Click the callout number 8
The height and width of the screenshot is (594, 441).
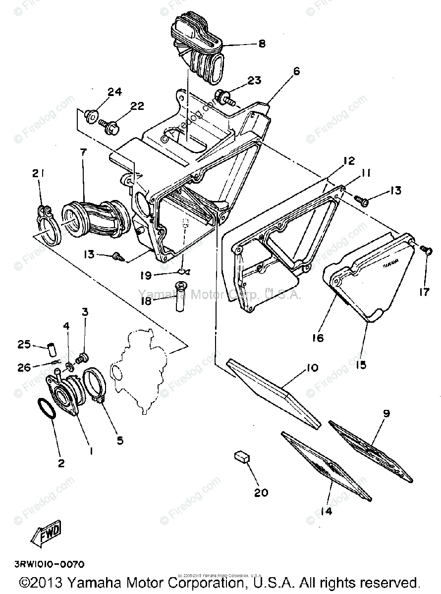262,44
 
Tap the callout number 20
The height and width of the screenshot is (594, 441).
261,492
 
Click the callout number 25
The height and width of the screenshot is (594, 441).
24,345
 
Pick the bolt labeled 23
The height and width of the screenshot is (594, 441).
223,96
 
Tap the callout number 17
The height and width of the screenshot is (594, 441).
424,292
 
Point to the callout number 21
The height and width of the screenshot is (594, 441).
39,173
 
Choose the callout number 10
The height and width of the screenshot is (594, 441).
313,368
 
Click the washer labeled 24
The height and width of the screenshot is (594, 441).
91,115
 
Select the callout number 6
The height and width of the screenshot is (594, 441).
296,71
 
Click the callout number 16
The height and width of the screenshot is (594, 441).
317,338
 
